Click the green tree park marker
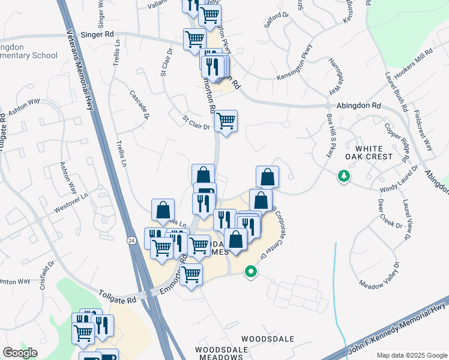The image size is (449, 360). pos(343,176)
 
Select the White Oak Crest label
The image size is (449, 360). pos(382,152)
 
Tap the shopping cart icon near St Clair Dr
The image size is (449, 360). pos(226,121)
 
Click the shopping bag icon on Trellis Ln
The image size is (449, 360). pos(163,211)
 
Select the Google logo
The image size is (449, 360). pos(20,353)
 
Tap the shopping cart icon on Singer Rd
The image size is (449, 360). pos(194,40)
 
